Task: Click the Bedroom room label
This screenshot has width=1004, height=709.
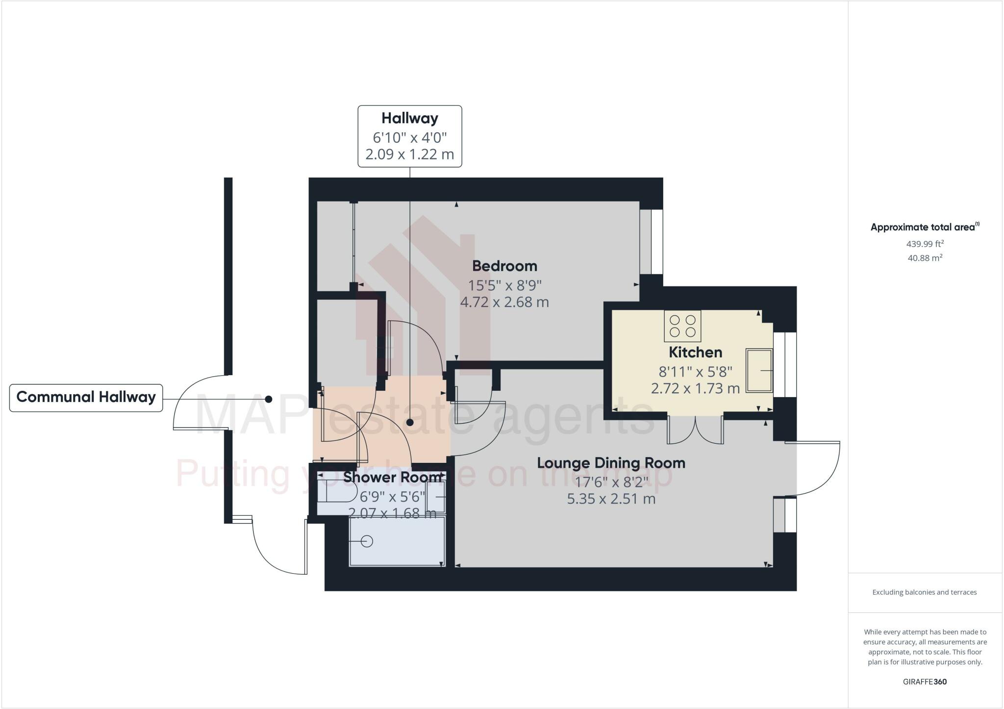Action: click(504, 266)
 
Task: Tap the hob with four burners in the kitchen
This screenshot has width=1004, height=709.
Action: click(682, 326)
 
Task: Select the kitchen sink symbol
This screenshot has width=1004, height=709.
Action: click(759, 371)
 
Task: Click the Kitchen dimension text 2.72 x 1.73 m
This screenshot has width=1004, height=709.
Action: click(695, 389)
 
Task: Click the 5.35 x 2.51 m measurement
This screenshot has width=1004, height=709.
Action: click(611, 499)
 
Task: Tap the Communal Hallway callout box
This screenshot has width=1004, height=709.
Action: click(86, 398)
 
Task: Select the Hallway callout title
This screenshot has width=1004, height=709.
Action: click(410, 119)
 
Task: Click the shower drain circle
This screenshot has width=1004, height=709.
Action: click(367, 541)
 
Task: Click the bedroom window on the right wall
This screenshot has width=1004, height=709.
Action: click(652, 242)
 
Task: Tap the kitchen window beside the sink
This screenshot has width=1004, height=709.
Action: click(785, 364)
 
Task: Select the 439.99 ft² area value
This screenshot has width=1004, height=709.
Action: click(925, 244)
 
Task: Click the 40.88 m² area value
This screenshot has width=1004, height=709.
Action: click(925, 258)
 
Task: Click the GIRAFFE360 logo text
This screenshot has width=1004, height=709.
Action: click(925, 682)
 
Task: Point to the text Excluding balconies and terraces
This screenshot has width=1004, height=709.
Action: click(925, 592)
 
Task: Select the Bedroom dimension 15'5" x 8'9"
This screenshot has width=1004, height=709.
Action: click(504, 285)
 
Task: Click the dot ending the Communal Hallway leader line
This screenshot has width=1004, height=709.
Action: click(269, 399)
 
